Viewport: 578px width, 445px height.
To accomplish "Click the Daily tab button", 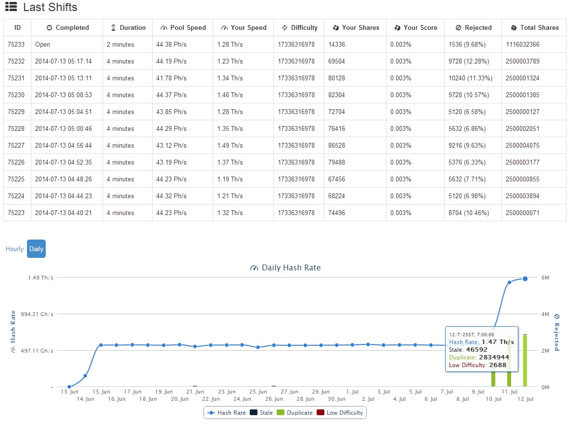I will click(x=36, y=249).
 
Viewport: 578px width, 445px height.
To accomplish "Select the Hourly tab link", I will click(x=14, y=249).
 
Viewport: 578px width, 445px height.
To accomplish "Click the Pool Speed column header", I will click(x=183, y=27).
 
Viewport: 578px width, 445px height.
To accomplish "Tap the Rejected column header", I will click(x=474, y=27).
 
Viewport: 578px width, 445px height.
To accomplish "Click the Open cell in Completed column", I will click(x=42, y=44).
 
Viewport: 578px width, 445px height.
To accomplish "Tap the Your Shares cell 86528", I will click(x=336, y=145).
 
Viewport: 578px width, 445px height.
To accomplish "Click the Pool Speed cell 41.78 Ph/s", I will click(x=171, y=78).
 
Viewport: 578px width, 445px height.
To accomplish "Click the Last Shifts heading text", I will click(x=50, y=7).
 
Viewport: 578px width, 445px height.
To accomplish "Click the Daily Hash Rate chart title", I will click(x=291, y=267).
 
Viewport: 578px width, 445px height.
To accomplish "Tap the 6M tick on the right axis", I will click(x=545, y=278).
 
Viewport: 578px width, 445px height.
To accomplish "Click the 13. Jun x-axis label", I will click(x=69, y=392).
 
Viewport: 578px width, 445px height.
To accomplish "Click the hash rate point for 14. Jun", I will click(x=85, y=376).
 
